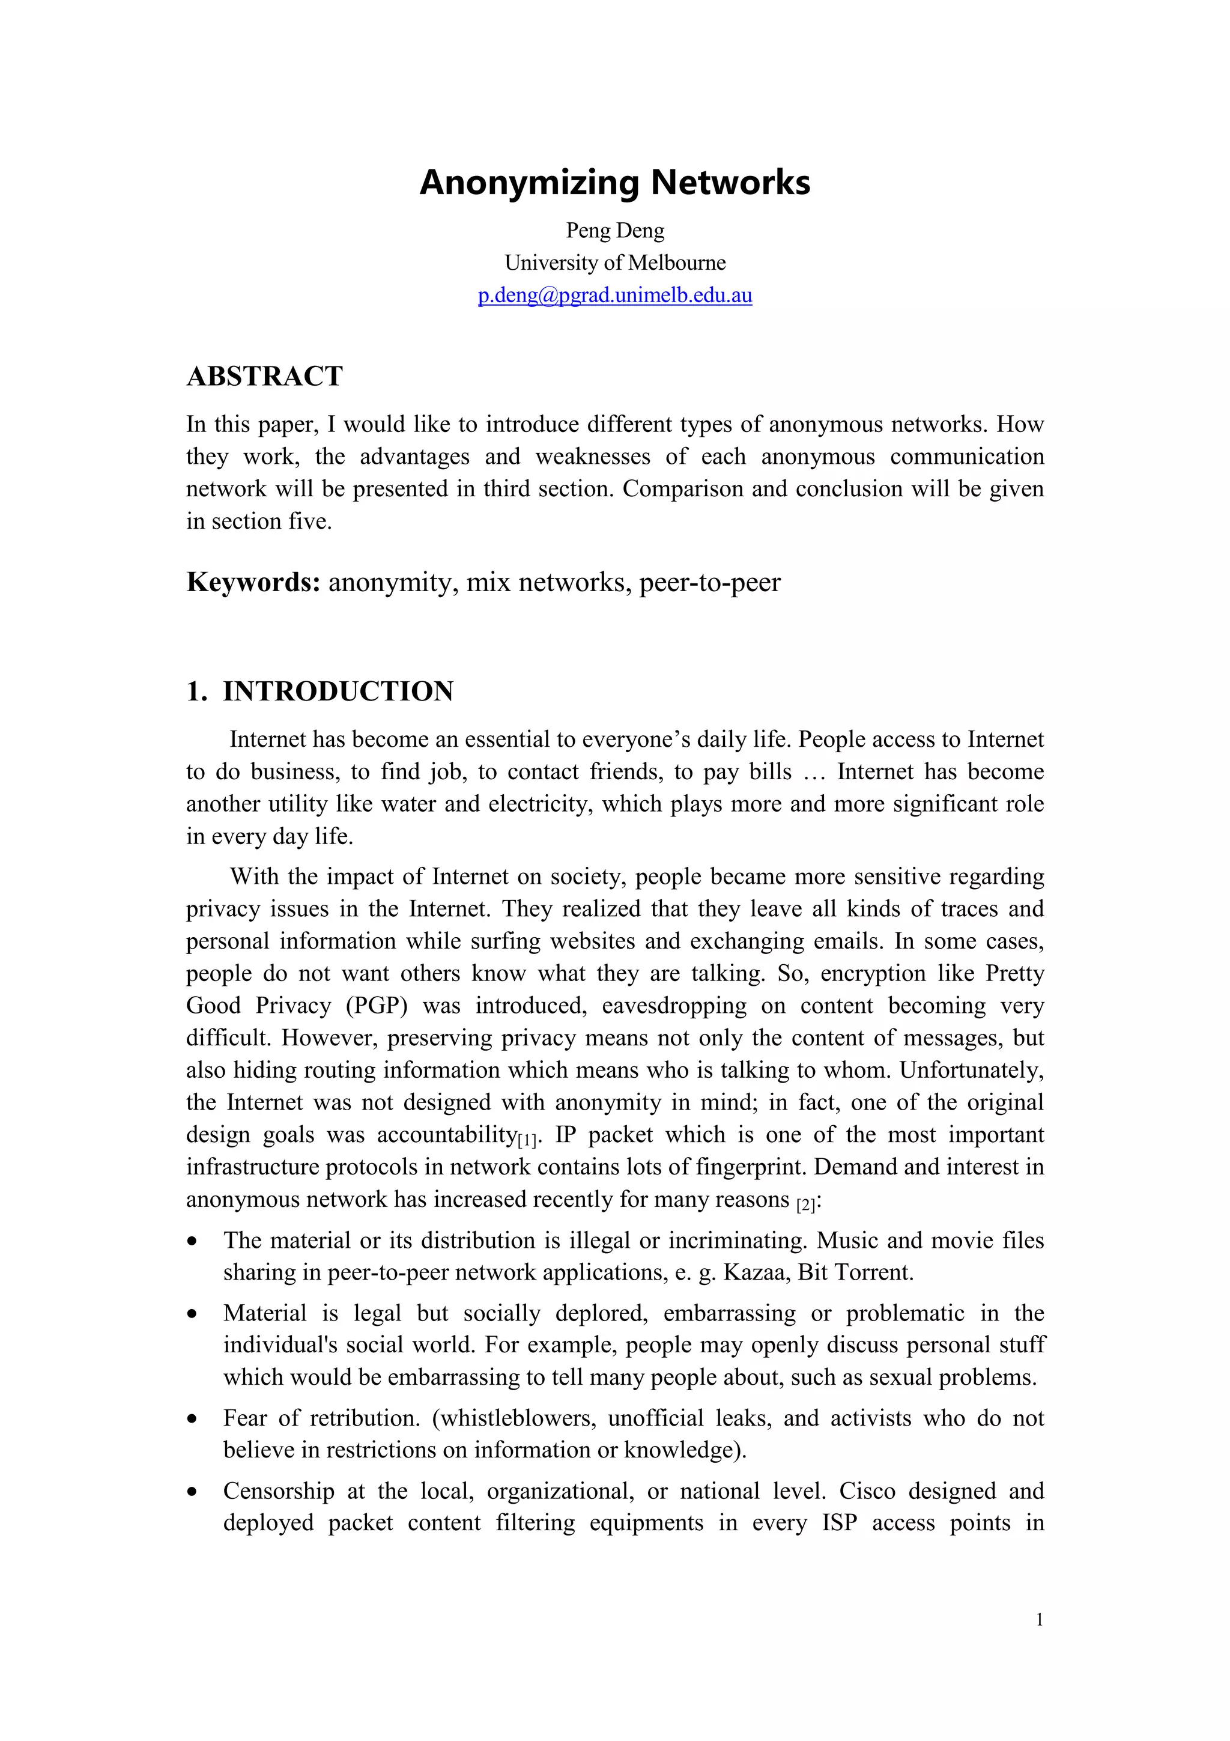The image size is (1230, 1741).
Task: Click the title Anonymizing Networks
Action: coord(614,183)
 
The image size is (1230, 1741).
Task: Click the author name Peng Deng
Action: coord(614,231)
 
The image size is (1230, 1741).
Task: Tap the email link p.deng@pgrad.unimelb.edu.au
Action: coord(614,295)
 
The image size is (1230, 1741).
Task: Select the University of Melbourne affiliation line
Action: coord(614,263)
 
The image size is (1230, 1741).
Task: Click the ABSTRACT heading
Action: coord(264,376)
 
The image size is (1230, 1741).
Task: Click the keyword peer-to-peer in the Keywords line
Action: coord(709,582)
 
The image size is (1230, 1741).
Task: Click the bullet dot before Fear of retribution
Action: coord(194,1419)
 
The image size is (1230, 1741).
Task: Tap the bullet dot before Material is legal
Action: coord(194,1313)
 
